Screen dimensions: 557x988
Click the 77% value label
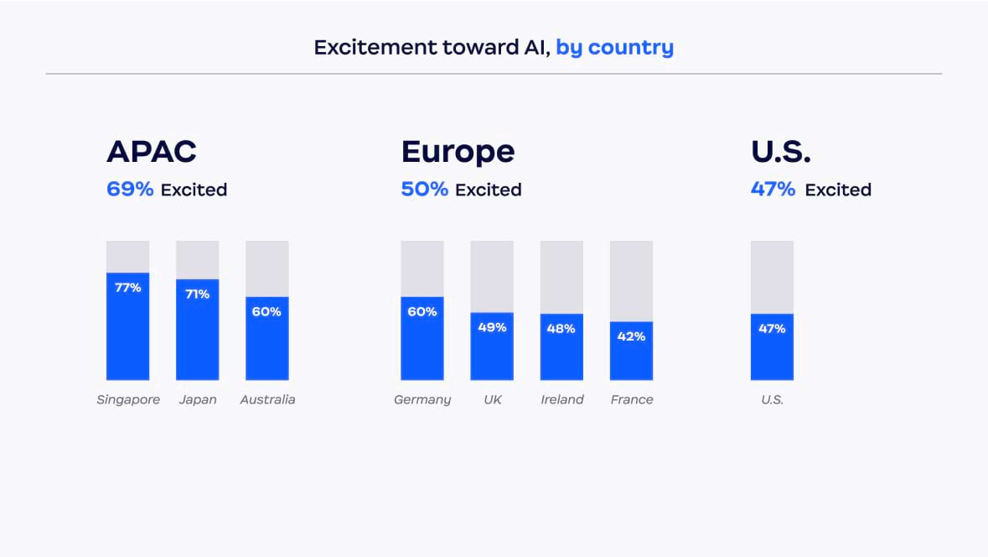(x=127, y=288)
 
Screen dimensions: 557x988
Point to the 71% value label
(x=197, y=294)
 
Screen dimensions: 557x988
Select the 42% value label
(x=631, y=336)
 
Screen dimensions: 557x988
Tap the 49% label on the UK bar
(x=492, y=327)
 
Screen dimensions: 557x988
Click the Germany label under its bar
(x=422, y=400)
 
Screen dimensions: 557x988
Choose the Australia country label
(x=267, y=400)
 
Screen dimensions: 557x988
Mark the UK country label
(x=492, y=400)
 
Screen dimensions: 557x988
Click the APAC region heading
(x=152, y=152)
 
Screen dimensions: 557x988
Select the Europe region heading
(x=458, y=152)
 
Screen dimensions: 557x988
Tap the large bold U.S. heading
(x=781, y=152)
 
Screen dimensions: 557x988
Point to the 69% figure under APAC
(x=130, y=190)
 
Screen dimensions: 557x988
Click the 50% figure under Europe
(x=424, y=190)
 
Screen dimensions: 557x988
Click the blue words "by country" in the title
(x=614, y=47)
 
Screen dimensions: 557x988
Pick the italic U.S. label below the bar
(x=772, y=400)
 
